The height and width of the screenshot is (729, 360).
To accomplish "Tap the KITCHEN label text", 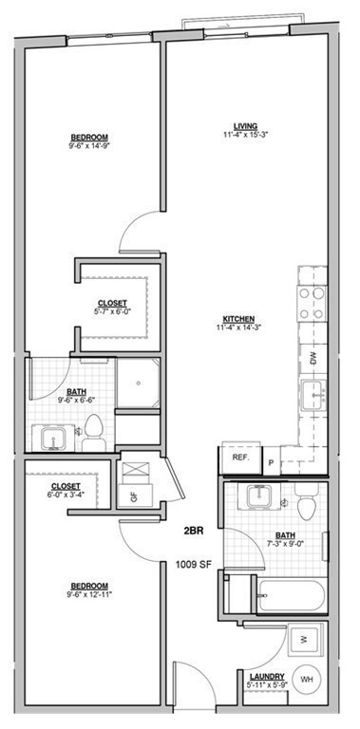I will (x=237, y=318).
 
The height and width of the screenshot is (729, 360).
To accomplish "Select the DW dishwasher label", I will (x=313, y=357).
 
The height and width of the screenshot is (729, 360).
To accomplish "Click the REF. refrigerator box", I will (x=240, y=458).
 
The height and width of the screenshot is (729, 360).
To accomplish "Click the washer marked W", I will (x=303, y=639).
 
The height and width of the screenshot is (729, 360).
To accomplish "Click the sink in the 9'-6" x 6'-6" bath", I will (x=50, y=437).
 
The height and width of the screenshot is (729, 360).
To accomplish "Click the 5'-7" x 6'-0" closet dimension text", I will (x=112, y=311).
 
